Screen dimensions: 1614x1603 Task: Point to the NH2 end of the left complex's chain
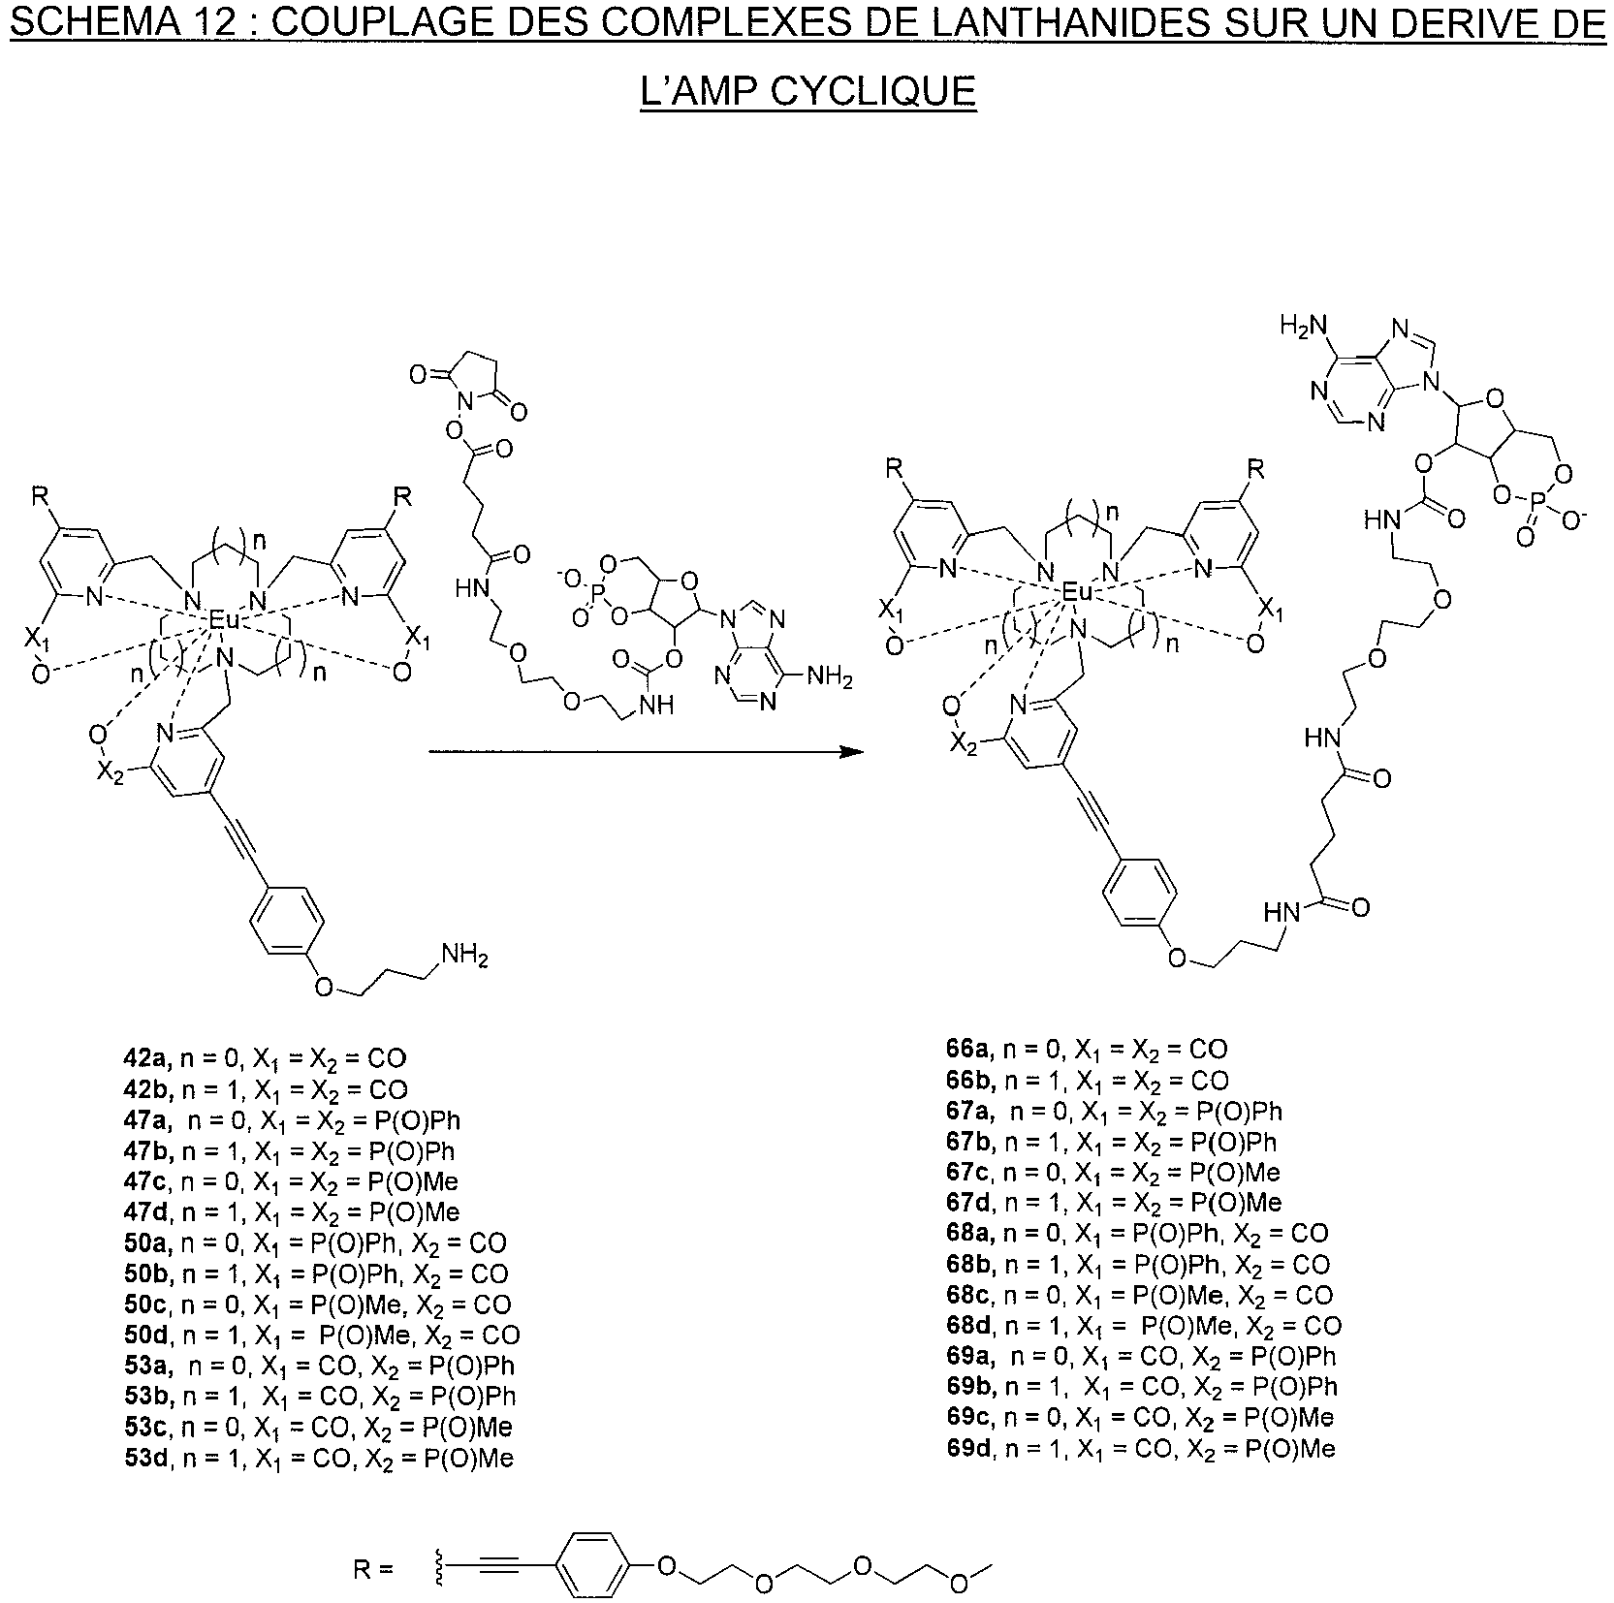click(x=464, y=958)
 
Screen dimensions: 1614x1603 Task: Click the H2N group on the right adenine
click(x=1302, y=324)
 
